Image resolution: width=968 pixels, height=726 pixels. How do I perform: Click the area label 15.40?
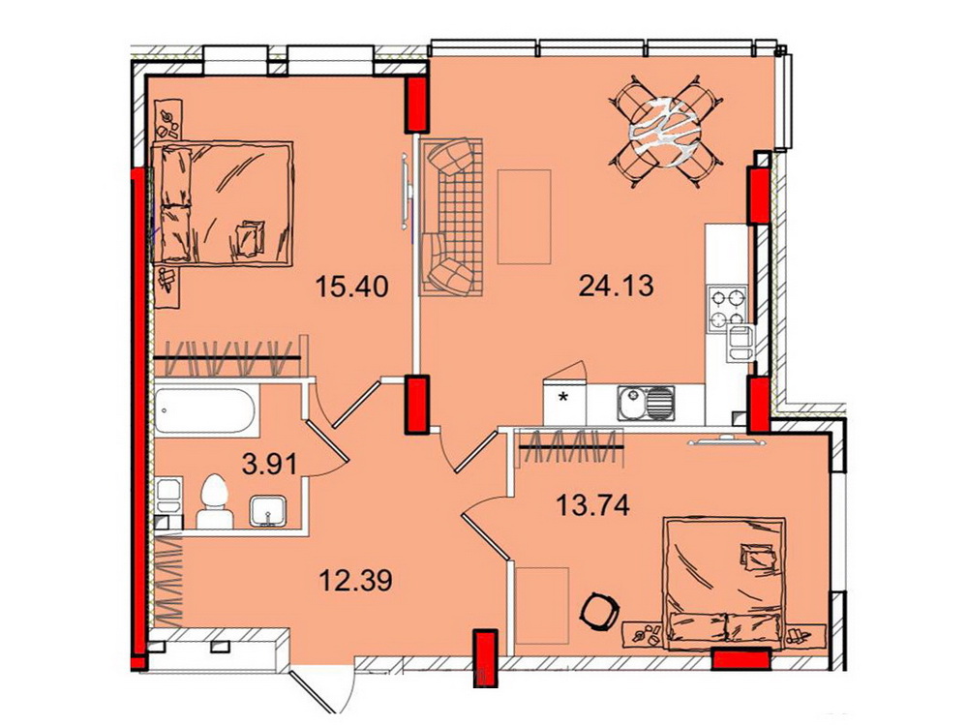(351, 287)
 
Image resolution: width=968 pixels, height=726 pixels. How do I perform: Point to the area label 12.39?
(355, 580)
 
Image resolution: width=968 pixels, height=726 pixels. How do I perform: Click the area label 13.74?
(592, 506)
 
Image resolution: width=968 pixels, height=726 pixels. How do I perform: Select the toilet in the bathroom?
(214, 500)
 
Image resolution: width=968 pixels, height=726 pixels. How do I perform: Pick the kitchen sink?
(646, 403)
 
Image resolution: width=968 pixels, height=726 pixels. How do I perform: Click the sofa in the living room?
(452, 216)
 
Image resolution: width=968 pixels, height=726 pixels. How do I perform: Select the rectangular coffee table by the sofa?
(524, 217)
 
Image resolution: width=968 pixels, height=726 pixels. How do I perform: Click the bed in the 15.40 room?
(222, 203)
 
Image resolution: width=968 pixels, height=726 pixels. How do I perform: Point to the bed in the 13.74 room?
(726, 584)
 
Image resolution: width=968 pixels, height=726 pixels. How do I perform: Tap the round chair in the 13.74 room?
(598, 609)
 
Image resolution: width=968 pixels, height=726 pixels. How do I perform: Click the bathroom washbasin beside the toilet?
(267, 512)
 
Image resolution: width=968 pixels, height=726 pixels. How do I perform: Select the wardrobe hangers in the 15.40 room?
(227, 358)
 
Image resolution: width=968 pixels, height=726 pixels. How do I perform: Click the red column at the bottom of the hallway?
(485, 657)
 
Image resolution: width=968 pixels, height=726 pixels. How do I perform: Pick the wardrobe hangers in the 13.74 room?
(571, 445)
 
